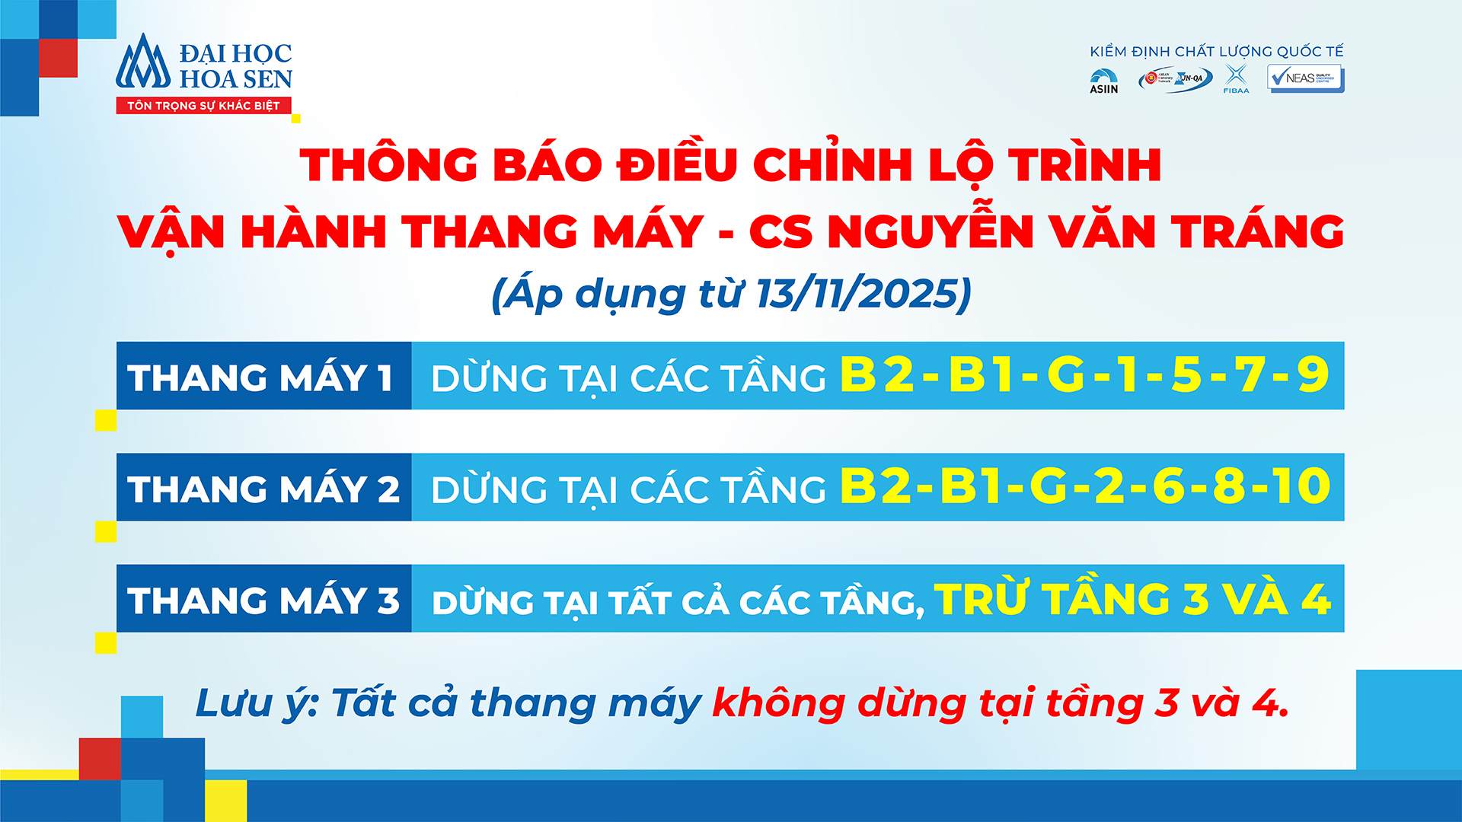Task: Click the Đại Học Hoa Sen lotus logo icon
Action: coord(142,62)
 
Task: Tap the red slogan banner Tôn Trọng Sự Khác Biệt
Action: coord(203,106)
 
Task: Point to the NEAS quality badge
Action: coord(1305,78)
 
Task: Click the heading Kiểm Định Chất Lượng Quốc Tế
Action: coord(1216,52)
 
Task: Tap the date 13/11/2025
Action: coord(856,294)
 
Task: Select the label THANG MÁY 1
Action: coord(260,378)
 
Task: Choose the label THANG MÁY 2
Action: coord(263,489)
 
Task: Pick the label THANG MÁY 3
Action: coord(263,600)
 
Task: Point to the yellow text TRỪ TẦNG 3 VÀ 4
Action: coord(1132,599)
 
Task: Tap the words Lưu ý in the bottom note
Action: coord(254,703)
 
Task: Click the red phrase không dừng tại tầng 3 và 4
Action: coord(1000,703)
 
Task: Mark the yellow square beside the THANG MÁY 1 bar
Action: coord(106,420)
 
